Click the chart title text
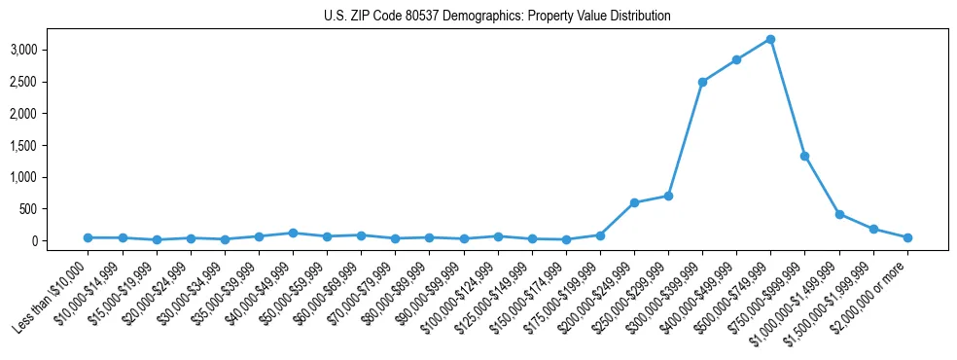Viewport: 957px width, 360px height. click(497, 17)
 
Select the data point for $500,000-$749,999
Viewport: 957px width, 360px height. click(770, 39)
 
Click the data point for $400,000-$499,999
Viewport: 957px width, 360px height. click(736, 59)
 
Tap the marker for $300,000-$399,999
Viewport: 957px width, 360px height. click(702, 82)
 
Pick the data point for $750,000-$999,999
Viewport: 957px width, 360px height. click(804, 156)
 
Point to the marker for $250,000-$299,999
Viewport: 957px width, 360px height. click(668, 196)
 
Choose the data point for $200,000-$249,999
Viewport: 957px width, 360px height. click(634, 202)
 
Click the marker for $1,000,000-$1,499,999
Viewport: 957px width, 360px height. click(838, 214)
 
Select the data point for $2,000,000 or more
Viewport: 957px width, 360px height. click(907, 237)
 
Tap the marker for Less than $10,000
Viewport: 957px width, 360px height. click(88, 237)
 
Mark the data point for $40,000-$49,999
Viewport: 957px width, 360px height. click(293, 233)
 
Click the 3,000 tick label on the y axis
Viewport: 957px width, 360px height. click(51, 50)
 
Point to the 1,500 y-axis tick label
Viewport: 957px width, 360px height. click(51, 145)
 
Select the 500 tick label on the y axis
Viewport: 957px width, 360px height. click(55, 209)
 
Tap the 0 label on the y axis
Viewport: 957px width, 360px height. click(62, 241)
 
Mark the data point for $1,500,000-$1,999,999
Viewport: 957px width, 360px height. click(873, 229)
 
